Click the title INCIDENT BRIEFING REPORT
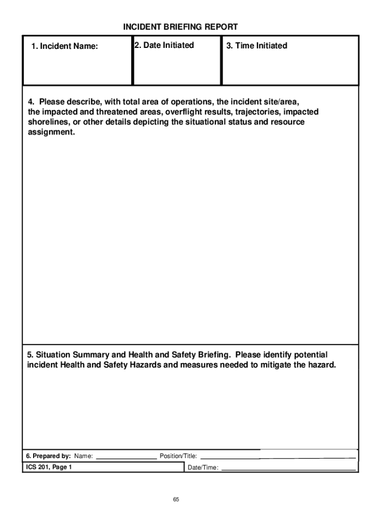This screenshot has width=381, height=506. [x=181, y=27]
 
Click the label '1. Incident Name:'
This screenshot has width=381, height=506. [x=64, y=46]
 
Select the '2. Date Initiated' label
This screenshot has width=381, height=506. [x=164, y=45]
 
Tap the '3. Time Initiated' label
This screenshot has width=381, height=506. [x=256, y=46]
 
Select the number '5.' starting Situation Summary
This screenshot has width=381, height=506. [x=30, y=355]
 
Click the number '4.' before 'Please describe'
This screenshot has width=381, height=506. [x=30, y=102]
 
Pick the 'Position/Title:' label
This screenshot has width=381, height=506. [x=178, y=456]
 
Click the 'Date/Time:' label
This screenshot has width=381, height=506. [x=203, y=467]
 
